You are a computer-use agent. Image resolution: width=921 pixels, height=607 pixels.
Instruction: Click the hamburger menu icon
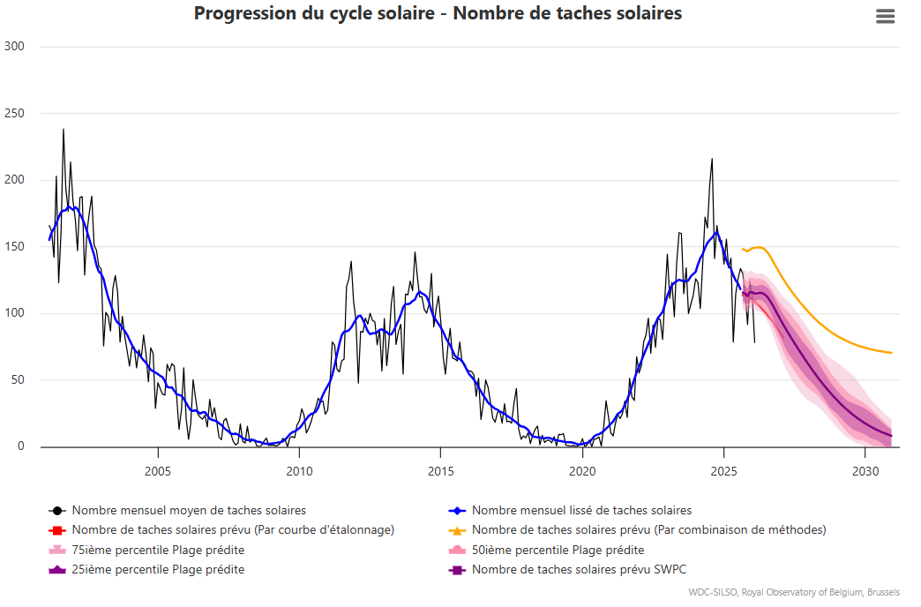(885, 17)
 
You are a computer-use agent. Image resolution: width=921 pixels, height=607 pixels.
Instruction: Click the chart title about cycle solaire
(438, 14)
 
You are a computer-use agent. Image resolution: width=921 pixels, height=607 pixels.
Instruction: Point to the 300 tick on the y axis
(15, 47)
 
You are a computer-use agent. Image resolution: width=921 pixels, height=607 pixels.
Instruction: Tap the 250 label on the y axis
(15, 114)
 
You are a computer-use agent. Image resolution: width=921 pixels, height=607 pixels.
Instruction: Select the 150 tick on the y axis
(15, 247)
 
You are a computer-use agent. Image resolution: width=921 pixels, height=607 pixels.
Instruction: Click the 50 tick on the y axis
(18, 380)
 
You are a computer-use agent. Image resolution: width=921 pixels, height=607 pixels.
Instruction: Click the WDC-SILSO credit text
(794, 592)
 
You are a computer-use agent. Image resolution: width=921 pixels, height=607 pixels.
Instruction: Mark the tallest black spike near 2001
(63, 131)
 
